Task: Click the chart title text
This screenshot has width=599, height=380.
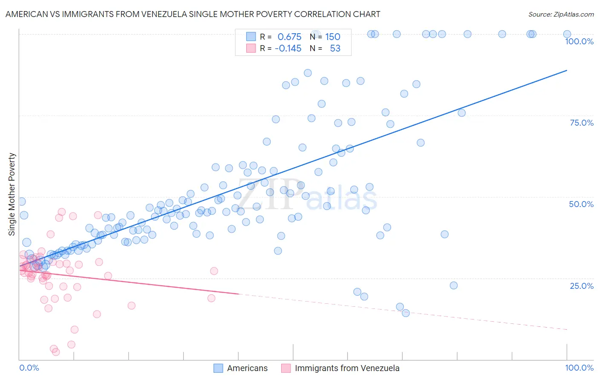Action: [193, 14]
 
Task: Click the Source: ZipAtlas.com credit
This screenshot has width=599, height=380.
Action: [561, 14]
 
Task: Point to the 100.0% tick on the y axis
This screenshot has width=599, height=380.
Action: [579, 41]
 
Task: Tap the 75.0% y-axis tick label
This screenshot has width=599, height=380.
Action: [582, 123]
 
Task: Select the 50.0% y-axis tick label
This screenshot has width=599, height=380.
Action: [581, 204]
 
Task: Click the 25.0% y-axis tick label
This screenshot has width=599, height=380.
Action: [582, 285]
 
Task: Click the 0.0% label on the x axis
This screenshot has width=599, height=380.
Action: [29, 368]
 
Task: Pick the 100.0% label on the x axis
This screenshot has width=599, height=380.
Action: [579, 368]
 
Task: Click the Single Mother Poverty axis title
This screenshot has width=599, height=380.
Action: [12, 194]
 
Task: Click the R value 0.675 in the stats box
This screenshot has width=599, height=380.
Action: [289, 37]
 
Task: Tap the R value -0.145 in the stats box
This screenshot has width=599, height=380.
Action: [288, 49]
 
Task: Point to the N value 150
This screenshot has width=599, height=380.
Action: [333, 37]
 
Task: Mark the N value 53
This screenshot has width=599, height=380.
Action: [335, 49]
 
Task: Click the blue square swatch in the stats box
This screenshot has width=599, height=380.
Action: [251, 37]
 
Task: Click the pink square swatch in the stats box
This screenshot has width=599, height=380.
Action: [251, 48]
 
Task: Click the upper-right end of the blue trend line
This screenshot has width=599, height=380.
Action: [567, 70]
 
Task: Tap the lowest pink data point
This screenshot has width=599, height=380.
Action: [56, 352]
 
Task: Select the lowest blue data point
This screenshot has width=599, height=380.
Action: [406, 313]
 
